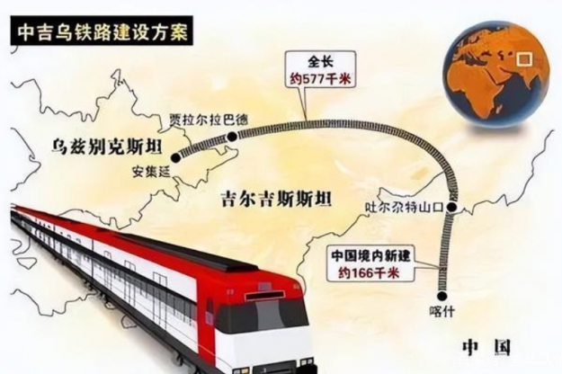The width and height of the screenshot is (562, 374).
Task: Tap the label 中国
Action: point(486,346)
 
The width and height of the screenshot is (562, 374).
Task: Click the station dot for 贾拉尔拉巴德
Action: point(232,136)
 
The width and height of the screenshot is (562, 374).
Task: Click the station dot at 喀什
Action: point(442,293)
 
